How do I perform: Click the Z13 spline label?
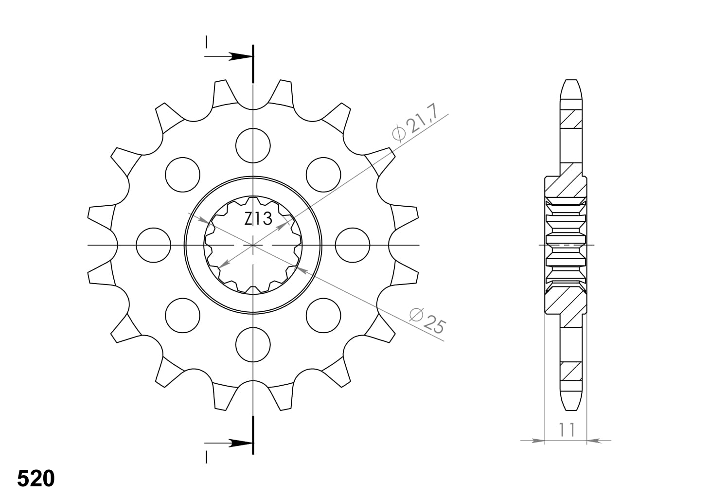coord(258,219)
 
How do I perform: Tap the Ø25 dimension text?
coord(426,321)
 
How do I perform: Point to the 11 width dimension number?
coord(567,429)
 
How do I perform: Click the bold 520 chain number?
coord(36,479)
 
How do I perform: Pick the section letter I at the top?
coord(207,42)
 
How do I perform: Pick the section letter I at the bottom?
coord(207,457)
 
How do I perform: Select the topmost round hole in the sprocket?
coord(253,145)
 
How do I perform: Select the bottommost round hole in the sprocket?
coord(253,345)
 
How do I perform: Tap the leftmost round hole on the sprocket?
coord(153,245)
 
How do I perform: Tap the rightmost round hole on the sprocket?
coord(353,245)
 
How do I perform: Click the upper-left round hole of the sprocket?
coord(182,175)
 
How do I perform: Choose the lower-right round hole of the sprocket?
coord(323,315)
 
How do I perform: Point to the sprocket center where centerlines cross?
coord(253,245)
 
